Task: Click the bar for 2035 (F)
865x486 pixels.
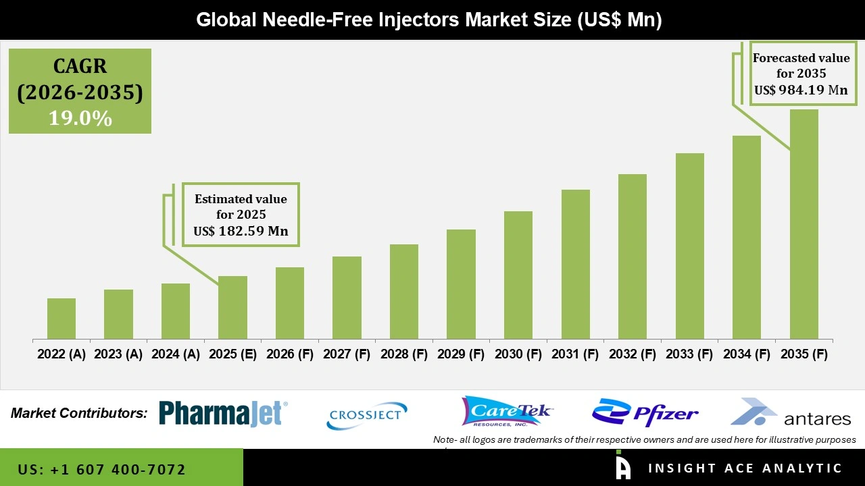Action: coord(804,224)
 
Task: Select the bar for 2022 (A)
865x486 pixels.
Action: coord(61,319)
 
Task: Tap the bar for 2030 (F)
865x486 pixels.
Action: coord(518,275)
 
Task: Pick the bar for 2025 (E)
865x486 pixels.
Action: coord(232,307)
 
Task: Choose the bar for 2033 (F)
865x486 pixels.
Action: coord(689,246)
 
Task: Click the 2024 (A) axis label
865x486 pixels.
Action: coord(175,354)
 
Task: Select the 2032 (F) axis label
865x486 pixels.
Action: coord(633,354)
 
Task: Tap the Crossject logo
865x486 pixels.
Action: coord(367,415)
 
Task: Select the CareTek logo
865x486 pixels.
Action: coord(507,411)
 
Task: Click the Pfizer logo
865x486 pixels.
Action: coord(645,412)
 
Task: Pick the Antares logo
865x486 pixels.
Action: coord(791,412)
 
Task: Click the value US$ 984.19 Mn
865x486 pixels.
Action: coord(801,90)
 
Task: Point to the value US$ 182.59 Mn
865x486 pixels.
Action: coord(241,231)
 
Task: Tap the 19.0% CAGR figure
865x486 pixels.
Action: coord(80,118)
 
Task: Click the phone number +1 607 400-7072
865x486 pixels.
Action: coord(102,469)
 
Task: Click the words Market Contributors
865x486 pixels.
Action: coord(79,413)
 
